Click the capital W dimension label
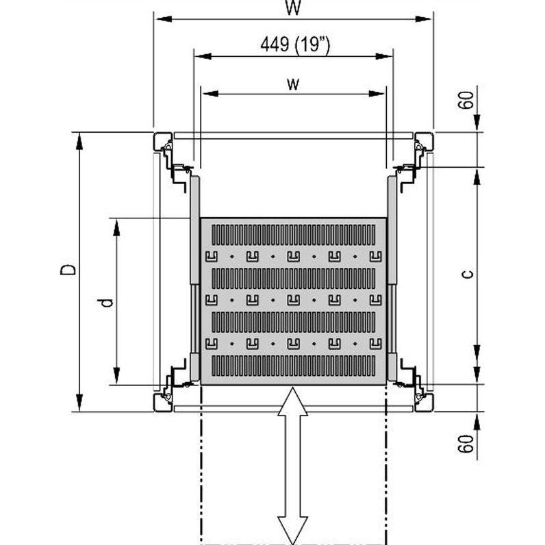click(x=292, y=8)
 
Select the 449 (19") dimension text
click(x=295, y=45)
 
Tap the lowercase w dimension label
click(x=293, y=84)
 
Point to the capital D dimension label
click(x=67, y=269)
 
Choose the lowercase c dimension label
click(x=468, y=275)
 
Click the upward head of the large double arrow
click(x=292, y=401)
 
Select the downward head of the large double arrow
click(x=292, y=530)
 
